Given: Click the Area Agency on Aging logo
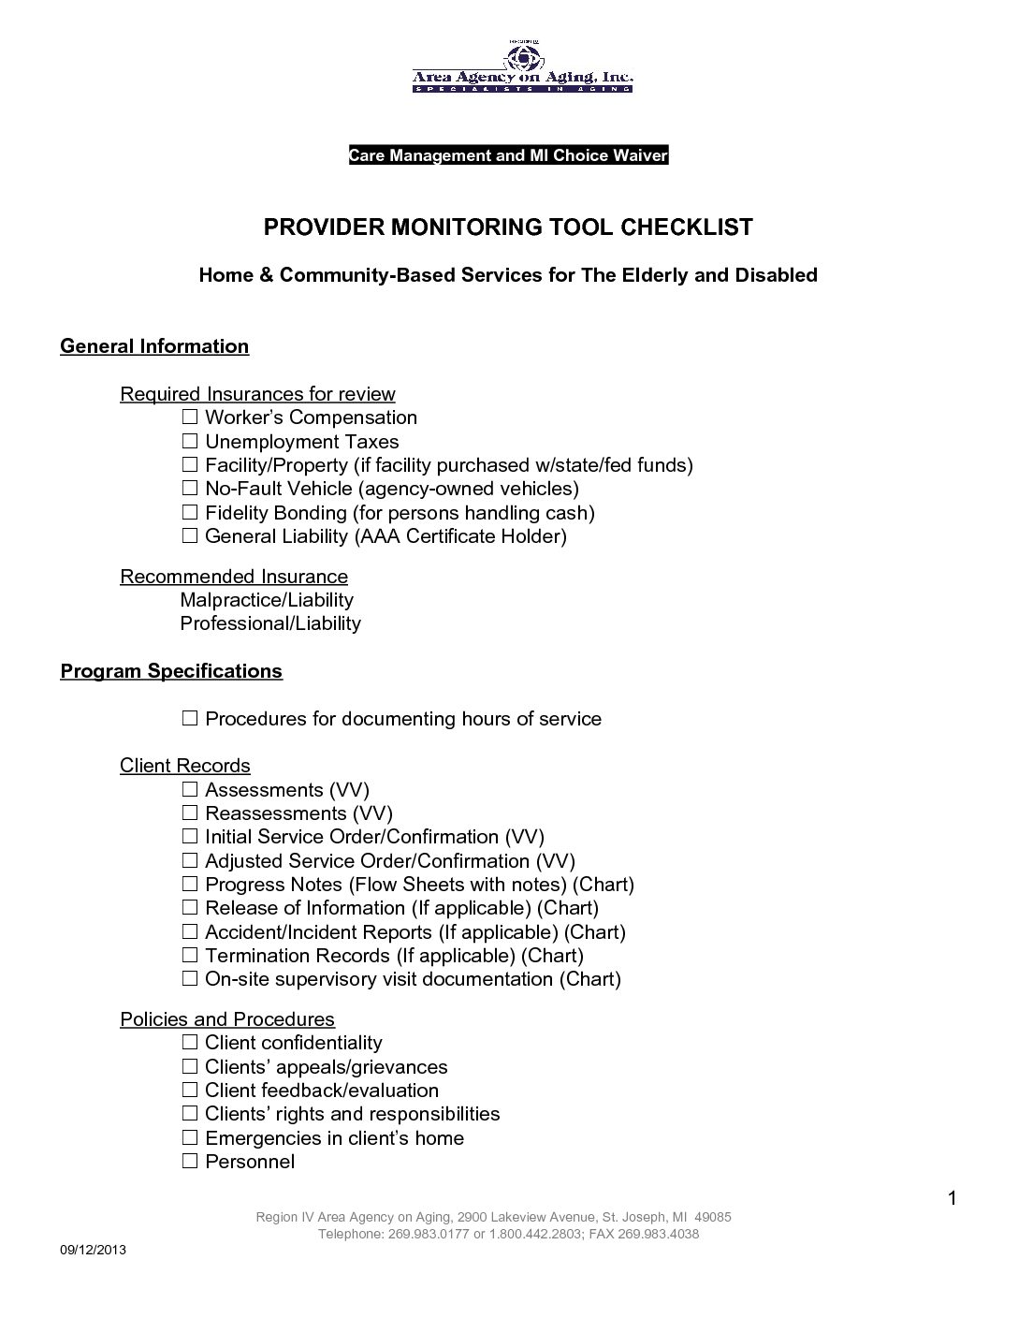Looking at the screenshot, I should click(x=522, y=68).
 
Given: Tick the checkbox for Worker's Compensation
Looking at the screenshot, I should click(x=190, y=417).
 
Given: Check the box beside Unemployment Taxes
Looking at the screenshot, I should click(x=190, y=441).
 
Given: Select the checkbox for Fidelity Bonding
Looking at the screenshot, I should click(x=190, y=512).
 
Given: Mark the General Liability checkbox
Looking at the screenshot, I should click(x=190, y=536).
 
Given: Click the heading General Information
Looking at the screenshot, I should click(x=154, y=346).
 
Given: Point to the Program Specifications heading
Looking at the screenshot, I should click(x=171, y=671).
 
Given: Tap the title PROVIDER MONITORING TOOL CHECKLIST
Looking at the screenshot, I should click(x=508, y=227).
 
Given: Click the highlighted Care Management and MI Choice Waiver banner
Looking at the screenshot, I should click(x=508, y=155).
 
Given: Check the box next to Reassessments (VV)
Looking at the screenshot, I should click(x=190, y=813).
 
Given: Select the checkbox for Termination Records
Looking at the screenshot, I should click(x=190, y=956).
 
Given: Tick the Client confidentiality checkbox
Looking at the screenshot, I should click(x=190, y=1043).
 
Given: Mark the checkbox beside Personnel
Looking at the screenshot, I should click(x=190, y=1162).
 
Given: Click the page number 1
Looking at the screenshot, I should click(x=953, y=1198).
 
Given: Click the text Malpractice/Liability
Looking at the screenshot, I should click(x=266, y=600).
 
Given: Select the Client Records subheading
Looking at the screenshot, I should click(x=185, y=766).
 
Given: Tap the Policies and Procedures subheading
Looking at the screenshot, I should click(x=227, y=1019).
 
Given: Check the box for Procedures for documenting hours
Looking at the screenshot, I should click(x=190, y=719).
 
